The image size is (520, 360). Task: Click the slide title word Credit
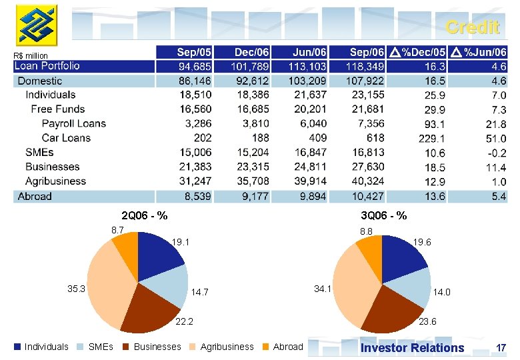point(472,27)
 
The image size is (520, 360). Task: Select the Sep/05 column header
point(194,51)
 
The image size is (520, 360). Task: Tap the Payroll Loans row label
point(73,123)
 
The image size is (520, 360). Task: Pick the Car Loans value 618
point(375,138)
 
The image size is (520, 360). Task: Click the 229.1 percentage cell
point(434,138)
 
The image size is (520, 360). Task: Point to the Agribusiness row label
point(55,181)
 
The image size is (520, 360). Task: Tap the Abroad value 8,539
point(195,196)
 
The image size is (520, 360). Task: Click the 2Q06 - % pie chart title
point(144,215)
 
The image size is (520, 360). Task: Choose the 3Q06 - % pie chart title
point(383,215)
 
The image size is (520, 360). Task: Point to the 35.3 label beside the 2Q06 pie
point(77,289)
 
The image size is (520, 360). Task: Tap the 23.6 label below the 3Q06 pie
point(427,321)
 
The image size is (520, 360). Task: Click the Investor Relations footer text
point(412,347)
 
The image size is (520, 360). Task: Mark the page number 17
point(501,347)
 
